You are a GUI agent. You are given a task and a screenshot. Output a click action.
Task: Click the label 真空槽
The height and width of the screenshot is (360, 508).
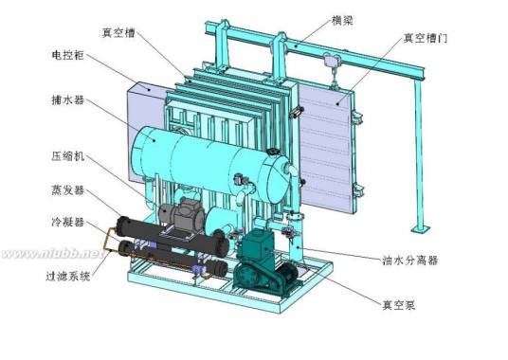[x=118, y=33]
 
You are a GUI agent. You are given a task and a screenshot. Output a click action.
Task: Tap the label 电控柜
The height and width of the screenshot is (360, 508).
[x=67, y=55]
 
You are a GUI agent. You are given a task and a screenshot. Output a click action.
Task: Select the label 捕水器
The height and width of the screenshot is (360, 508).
[x=67, y=100]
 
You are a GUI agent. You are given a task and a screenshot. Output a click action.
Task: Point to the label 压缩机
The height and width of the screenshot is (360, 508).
[x=67, y=156]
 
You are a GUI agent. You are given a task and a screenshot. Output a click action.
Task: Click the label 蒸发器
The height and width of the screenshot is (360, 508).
[x=67, y=190]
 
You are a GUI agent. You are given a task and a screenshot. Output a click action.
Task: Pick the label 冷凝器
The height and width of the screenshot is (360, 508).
[x=67, y=222]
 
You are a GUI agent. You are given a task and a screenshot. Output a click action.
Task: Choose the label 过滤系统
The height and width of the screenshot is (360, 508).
[x=67, y=276]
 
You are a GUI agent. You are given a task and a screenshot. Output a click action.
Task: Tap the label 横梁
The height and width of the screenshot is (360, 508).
[x=342, y=21]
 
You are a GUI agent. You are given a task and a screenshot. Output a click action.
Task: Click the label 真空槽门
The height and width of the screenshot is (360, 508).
[x=426, y=38]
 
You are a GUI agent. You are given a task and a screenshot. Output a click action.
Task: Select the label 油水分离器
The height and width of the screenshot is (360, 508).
[x=410, y=260]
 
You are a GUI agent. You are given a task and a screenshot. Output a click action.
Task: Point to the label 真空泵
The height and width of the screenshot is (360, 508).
[x=399, y=305]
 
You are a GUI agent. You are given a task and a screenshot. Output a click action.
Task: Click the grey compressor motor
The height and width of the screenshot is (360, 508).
[x=182, y=215]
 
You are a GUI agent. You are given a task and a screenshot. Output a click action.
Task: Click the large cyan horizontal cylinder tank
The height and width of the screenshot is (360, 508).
[x=210, y=162]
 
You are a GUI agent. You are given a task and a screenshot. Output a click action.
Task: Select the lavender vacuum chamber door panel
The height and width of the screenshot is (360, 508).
[x=326, y=146]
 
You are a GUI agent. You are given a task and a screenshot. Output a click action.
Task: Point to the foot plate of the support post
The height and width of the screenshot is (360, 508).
[x=421, y=229]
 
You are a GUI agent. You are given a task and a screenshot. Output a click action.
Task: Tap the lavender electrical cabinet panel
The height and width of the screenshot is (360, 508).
[x=145, y=130]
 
